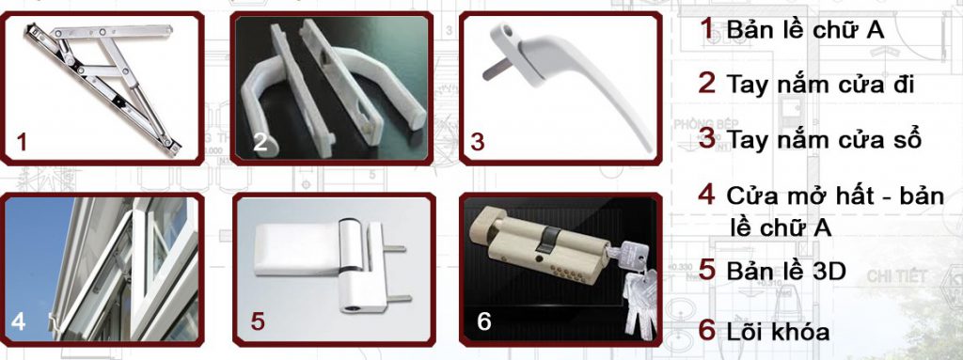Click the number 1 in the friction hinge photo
[23, 143]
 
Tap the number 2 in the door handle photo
[260, 143]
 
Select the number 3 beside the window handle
[477, 142]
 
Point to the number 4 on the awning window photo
[19, 321]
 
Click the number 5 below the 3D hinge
[258, 321]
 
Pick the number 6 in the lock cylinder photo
[484, 321]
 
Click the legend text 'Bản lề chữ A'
[805, 29]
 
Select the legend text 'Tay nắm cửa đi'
[820, 85]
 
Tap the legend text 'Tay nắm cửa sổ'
[824, 139]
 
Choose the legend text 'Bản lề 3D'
[786, 271]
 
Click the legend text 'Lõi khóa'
[778, 332]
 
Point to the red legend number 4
[707, 195]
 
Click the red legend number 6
[707, 331]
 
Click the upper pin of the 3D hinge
[393, 249]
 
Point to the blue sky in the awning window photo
[34, 258]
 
